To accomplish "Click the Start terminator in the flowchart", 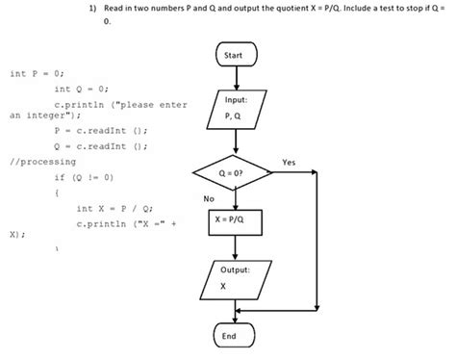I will coord(235,58).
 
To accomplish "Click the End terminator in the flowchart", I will coord(235,337).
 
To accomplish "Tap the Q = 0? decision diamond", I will coord(235,172).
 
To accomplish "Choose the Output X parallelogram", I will coord(235,279).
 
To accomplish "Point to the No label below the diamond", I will coord(209,198).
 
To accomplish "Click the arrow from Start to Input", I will coord(235,81).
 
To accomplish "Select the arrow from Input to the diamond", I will coord(235,142).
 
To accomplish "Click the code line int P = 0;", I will coord(37,73).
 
